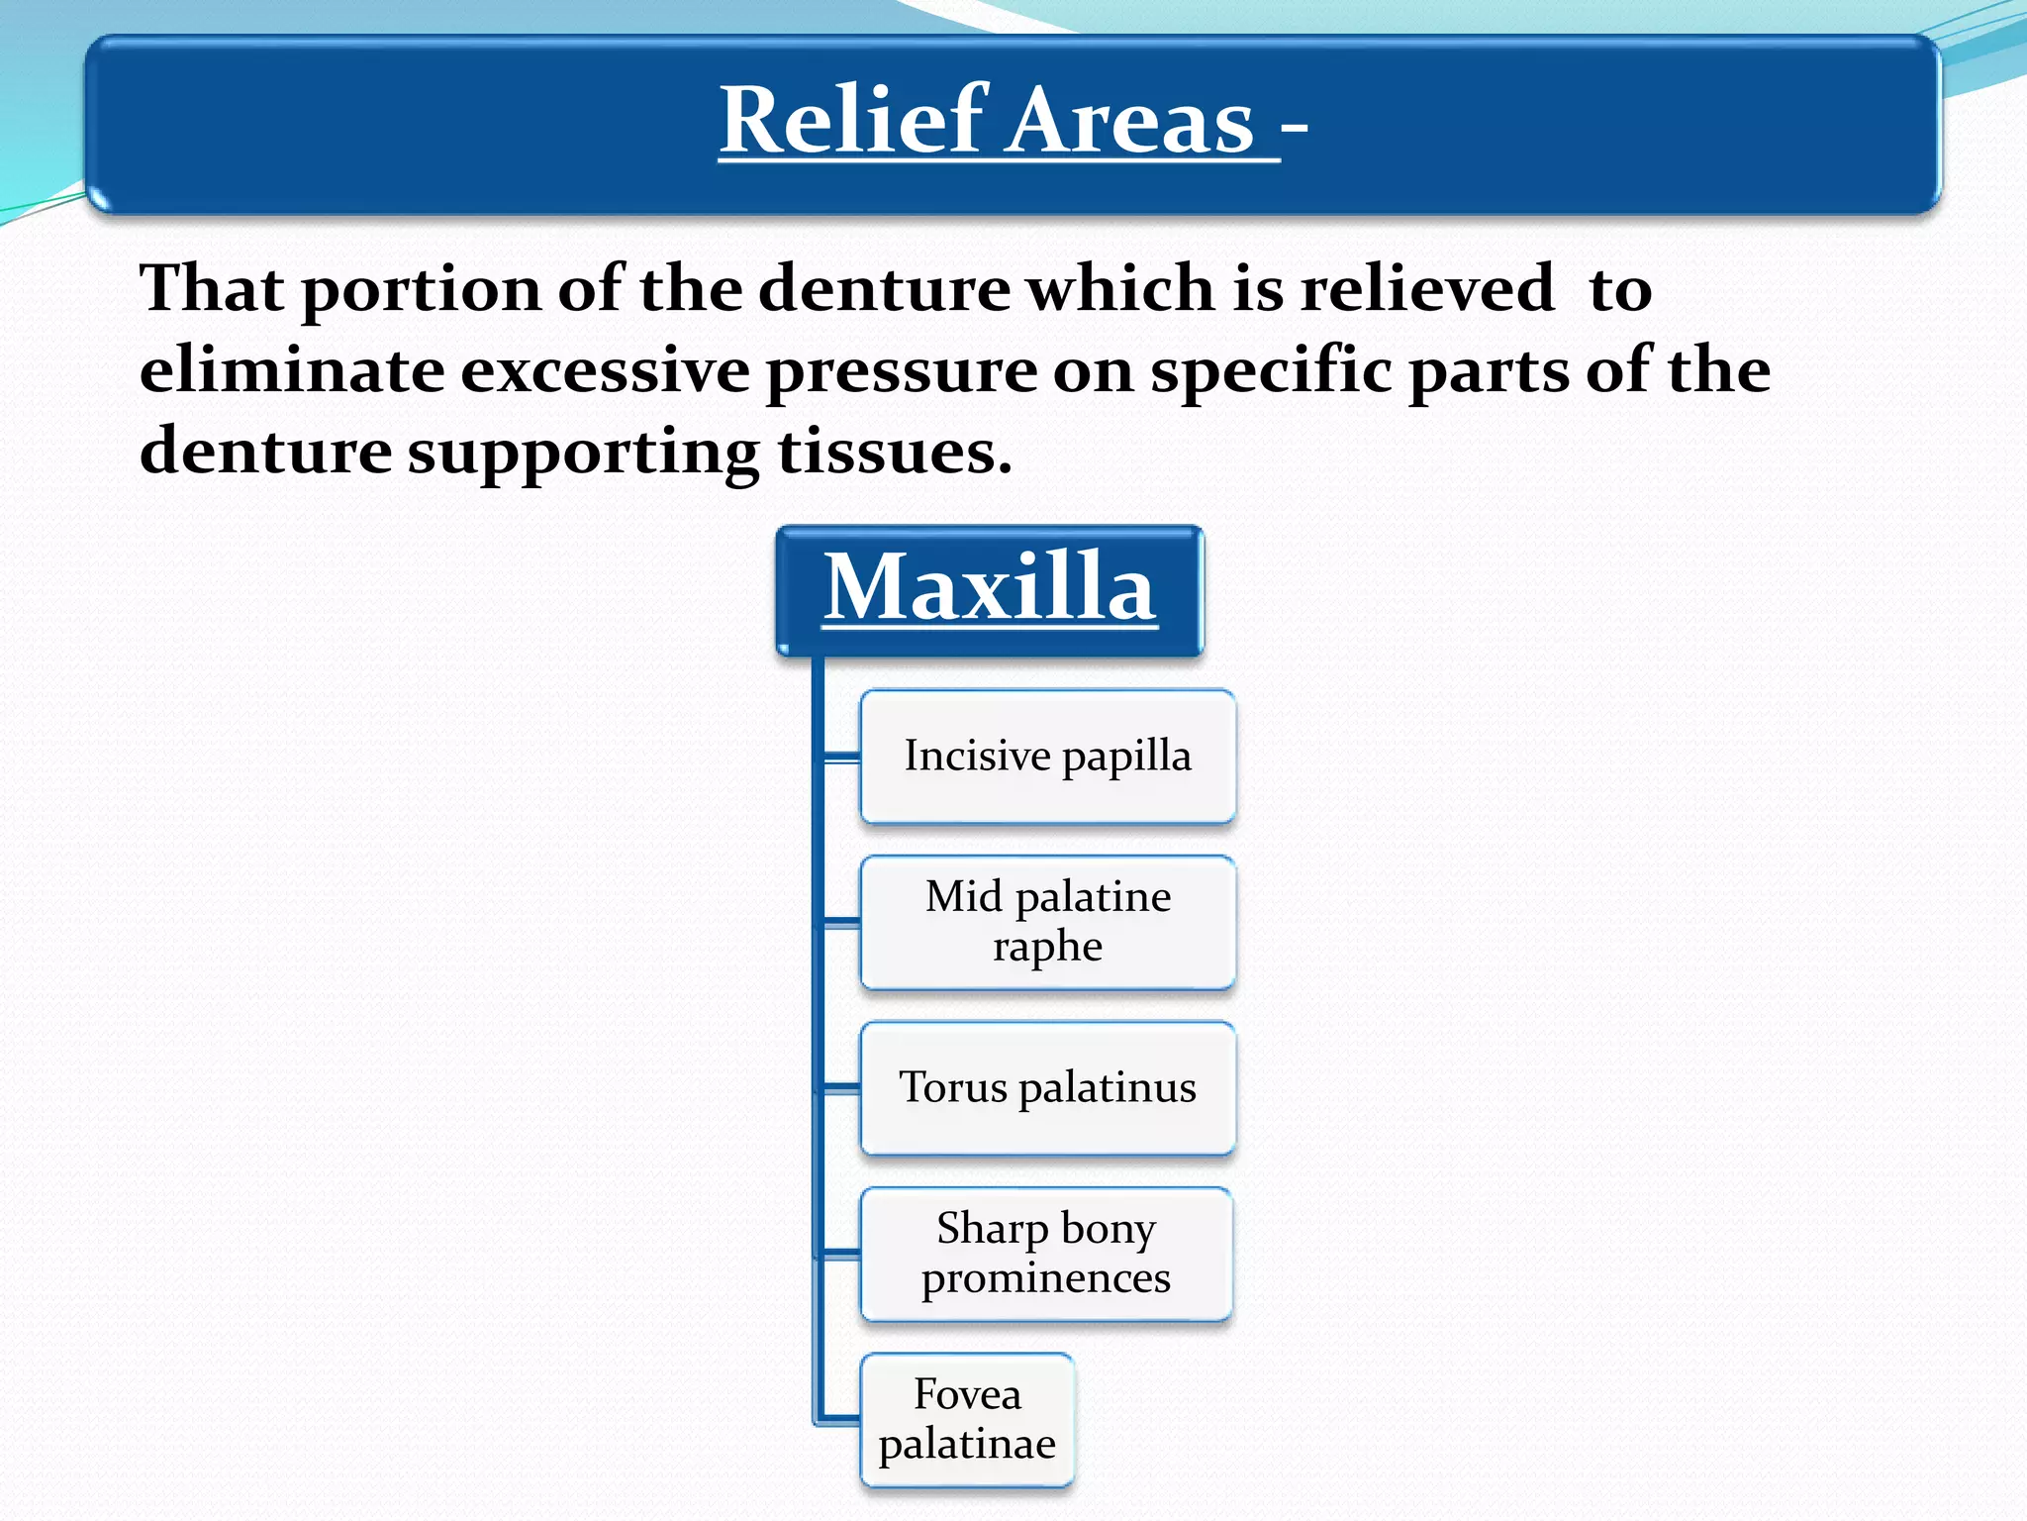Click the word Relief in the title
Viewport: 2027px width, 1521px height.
(x=853, y=121)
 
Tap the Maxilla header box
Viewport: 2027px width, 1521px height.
(x=990, y=589)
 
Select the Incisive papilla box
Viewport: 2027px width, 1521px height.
(x=1047, y=757)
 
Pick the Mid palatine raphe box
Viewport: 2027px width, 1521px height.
(x=1047, y=922)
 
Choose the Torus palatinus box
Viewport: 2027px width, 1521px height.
(x=1047, y=1088)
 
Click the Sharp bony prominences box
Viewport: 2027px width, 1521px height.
(x=1046, y=1254)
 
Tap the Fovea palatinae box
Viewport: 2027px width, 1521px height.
(x=967, y=1420)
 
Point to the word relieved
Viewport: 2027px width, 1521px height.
(x=1426, y=289)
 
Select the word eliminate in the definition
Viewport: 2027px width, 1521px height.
(x=292, y=370)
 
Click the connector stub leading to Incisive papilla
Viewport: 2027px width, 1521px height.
(x=841, y=758)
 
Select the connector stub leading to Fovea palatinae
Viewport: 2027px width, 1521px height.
(x=839, y=1420)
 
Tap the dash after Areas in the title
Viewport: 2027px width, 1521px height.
(x=1294, y=129)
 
